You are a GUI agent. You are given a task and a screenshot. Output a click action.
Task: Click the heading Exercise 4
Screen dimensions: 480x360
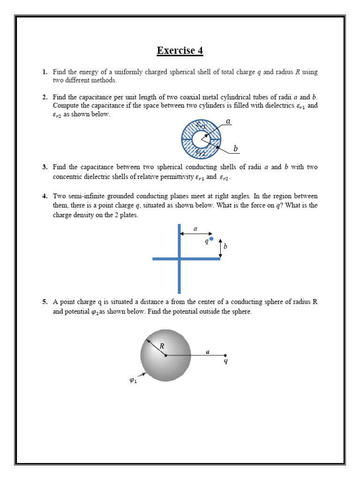click(180, 51)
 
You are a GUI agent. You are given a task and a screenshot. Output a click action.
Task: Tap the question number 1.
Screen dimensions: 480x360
click(45, 72)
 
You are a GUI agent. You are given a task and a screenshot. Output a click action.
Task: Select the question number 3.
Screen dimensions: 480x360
click(45, 167)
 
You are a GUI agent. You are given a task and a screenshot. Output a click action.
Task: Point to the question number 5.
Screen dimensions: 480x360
click(45, 302)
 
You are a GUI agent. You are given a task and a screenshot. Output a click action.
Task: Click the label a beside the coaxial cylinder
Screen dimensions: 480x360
click(228, 121)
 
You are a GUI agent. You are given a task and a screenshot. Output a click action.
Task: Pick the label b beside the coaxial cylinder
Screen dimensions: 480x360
click(235, 149)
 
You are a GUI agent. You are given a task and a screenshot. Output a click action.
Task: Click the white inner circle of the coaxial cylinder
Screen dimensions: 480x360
click(202, 139)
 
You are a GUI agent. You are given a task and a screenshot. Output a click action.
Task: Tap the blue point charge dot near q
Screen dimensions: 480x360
click(211, 239)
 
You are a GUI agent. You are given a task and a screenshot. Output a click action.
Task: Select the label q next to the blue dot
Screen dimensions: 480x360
click(206, 241)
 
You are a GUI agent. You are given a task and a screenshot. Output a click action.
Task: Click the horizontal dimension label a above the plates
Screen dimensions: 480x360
click(195, 229)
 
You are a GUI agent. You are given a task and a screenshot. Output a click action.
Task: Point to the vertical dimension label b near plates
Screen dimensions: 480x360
click(225, 246)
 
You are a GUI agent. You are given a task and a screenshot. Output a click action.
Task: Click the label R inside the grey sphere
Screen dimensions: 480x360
click(162, 346)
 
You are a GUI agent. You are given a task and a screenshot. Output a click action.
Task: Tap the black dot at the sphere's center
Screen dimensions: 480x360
click(166, 355)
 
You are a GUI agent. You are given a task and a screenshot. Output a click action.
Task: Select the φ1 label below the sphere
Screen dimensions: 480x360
click(133, 381)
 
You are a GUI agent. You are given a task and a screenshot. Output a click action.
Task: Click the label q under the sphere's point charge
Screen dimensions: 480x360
click(225, 361)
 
